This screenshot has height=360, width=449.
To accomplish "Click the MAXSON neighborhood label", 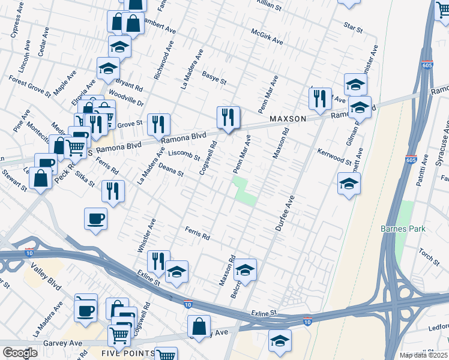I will click(287, 119).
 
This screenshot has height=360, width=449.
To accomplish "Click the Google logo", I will click(20, 353).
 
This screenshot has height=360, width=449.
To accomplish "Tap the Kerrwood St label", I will click(334, 157).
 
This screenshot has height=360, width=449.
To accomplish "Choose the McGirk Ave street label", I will click(267, 37).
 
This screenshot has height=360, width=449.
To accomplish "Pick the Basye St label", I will click(214, 77).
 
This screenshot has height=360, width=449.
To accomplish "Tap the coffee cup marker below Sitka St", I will click(96, 218).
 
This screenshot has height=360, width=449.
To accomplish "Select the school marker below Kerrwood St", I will click(349, 184).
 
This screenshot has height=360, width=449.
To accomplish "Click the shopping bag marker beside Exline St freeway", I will click(199, 326).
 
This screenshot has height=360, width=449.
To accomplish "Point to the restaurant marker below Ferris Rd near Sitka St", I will click(113, 190).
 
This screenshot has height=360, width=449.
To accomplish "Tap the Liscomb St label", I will click(183, 155).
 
